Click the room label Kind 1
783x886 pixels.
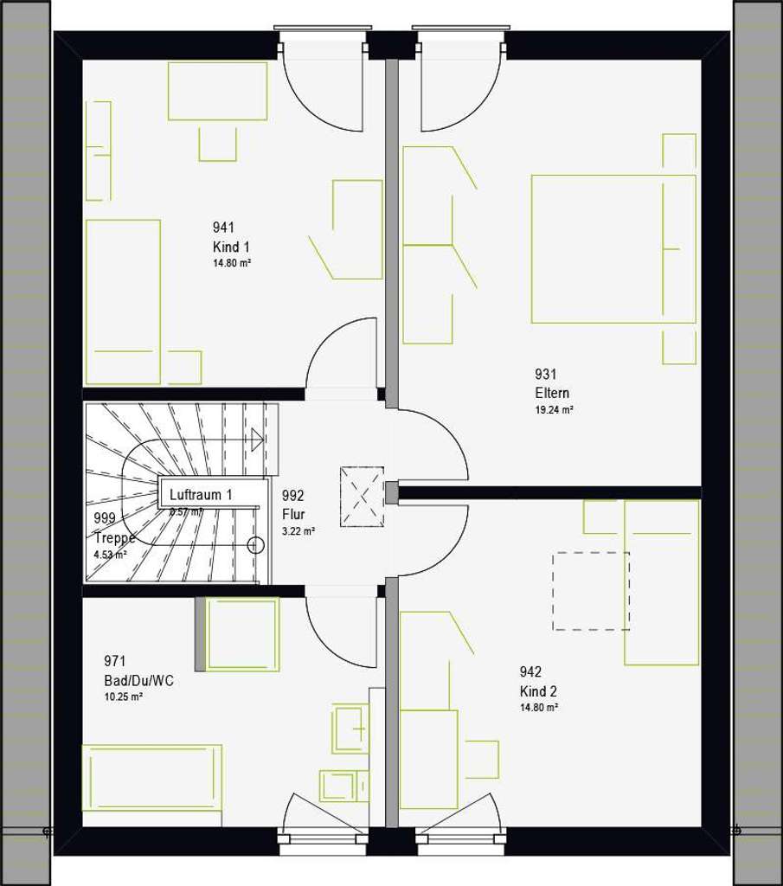(x=232, y=247)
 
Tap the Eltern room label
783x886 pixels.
(x=552, y=393)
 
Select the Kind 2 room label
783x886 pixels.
(x=538, y=691)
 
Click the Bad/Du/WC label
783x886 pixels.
(x=138, y=681)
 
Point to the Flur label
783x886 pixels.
(x=293, y=514)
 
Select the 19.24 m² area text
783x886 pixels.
(x=555, y=410)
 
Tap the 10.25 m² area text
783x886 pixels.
(x=124, y=697)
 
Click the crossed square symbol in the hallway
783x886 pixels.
(x=362, y=496)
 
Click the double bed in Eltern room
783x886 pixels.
(x=613, y=249)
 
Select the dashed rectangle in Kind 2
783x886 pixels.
(x=591, y=591)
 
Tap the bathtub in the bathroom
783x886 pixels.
(x=152, y=777)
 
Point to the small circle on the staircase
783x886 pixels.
(x=255, y=544)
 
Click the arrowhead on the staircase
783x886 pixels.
(x=256, y=439)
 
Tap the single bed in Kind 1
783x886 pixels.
(x=123, y=301)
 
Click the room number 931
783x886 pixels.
(x=545, y=375)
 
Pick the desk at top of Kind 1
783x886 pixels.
(x=217, y=91)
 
